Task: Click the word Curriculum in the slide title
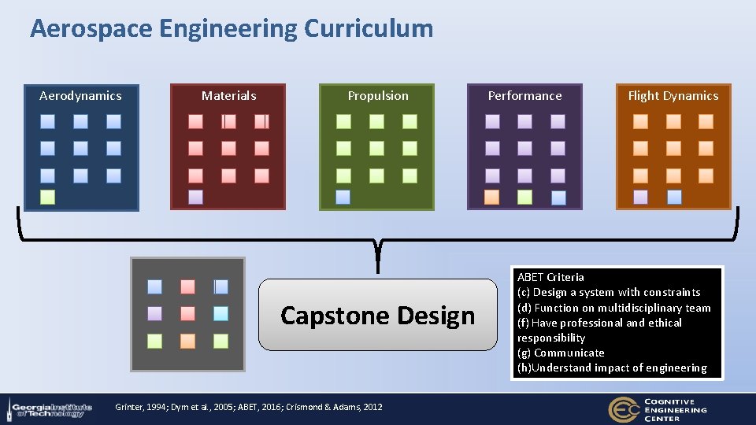(x=368, y=29)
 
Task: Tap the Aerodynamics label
(x=80, y=96)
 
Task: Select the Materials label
(x=228, y=96)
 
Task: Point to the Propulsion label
(x=378, y=96)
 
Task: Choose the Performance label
(x=524, y=96)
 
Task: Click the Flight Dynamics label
(x=673, y=96)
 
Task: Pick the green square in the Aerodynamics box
(x=47, y=197)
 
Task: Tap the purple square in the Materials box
(x=195, y=197)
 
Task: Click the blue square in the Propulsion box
(x=343, y=197)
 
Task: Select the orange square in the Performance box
(x=491, y=197)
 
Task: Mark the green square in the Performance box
(x=524, y=197)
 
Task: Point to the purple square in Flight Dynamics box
(x=640, y=197)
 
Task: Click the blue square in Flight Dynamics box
(x=674, y=197)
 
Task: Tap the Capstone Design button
(x=378, y=315)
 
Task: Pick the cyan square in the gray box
(x=220, y=313)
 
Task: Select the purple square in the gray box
(x=154, y=313)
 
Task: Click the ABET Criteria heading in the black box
(x=550, y=277)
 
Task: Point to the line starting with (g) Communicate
(x=561, y=353)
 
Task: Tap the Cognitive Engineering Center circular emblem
(x=623, y=409)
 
